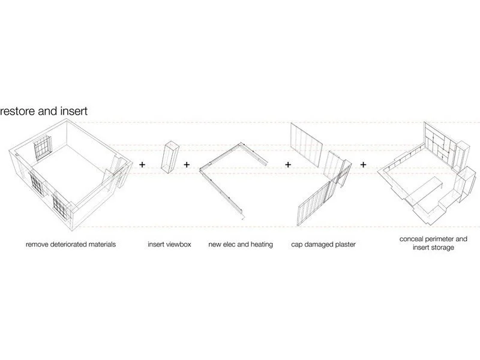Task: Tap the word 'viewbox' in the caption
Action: pyautogui.click(x=178, y=245)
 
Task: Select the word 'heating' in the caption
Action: pyautogui.click(x=260, y=245)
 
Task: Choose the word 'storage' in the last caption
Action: pyautogui.click(x=442, y=247)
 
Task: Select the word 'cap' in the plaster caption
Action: pyautogui.click(x=298, y=245)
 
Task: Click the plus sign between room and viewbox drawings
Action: pyautogui.click(x=142, y=164)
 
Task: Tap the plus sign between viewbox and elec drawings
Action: pyautogui.click(x=187, y=164)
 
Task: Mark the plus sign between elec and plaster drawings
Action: pyautogui.click(x=289, y=164)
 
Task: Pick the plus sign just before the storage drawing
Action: pyautogui.click(x=364, y=164)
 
